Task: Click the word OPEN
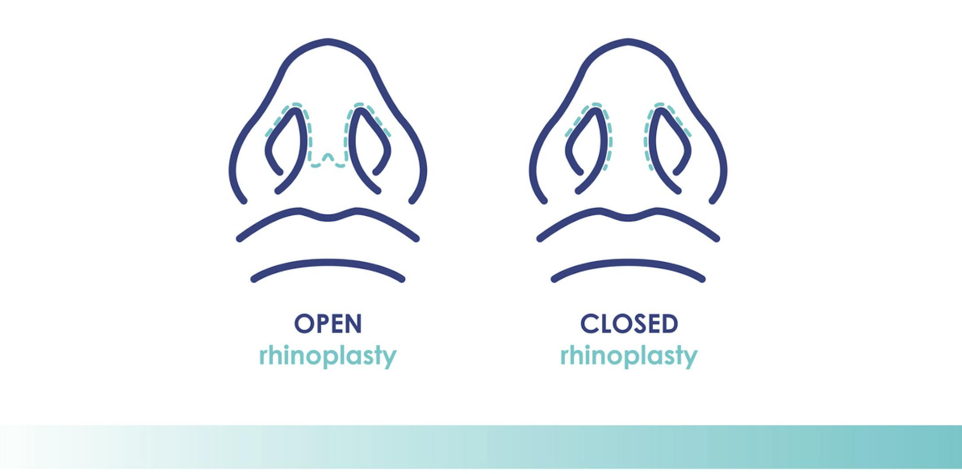[328, 324]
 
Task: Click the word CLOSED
[629, 324]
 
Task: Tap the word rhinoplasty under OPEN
[328, 356]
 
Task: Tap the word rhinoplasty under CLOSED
[629, 356]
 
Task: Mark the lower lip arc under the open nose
[328, 263]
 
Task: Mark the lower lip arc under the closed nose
[628, 263]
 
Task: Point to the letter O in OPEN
[302, 324]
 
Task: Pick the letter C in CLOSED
[589, 324]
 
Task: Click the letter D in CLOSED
[669, 324]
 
